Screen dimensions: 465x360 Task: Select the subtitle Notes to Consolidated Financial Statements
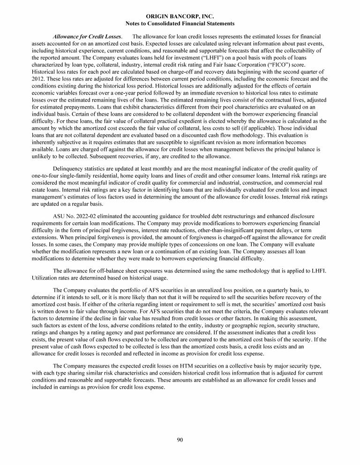tap(180, 23)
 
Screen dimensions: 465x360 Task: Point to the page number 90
tap(180, 439)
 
